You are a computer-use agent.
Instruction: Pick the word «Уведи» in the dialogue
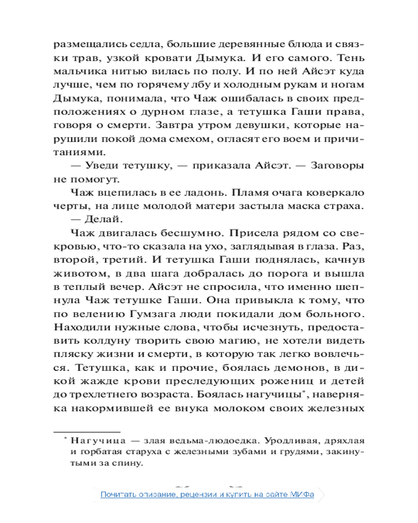click(101, 167)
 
